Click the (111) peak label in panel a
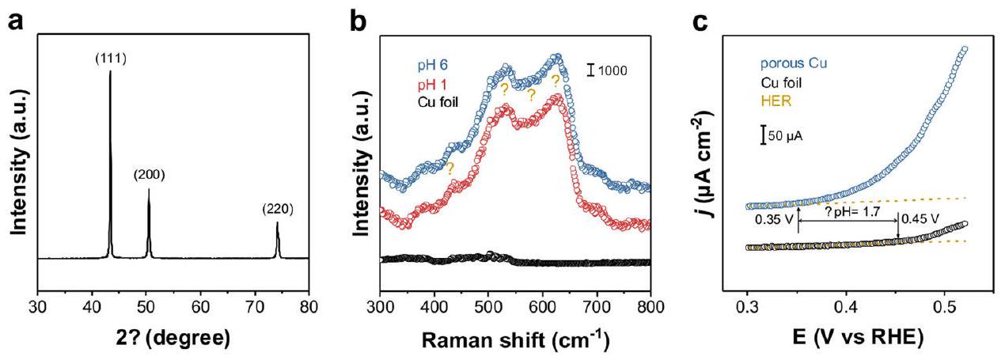tap(110, 60)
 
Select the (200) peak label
tap(148, 176)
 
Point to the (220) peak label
tap(278, 210)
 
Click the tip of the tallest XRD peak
tap(110, 72)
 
